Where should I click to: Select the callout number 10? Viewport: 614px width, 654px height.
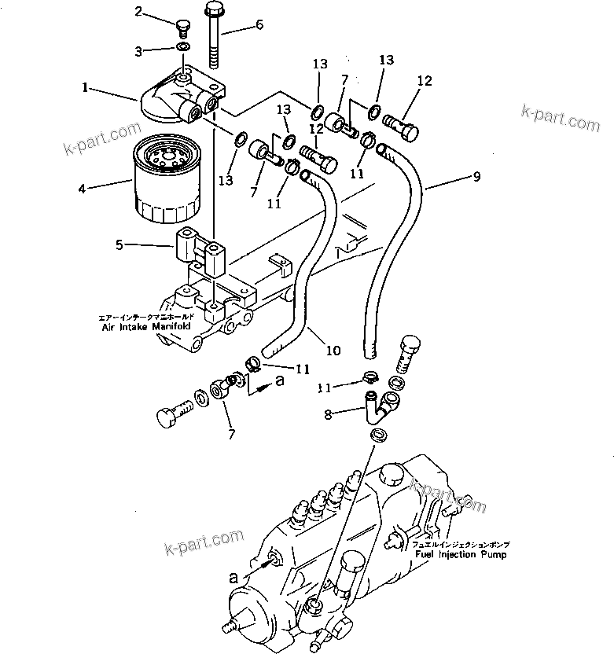click(x=334, y=350)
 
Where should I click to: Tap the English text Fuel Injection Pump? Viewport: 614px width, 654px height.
click(x=461, y=554)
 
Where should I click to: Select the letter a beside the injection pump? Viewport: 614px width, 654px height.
click(x=233, y=577)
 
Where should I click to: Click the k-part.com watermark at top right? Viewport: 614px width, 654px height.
click(x=560, y=119)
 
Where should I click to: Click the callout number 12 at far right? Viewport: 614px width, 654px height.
click(x=425, y=81)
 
